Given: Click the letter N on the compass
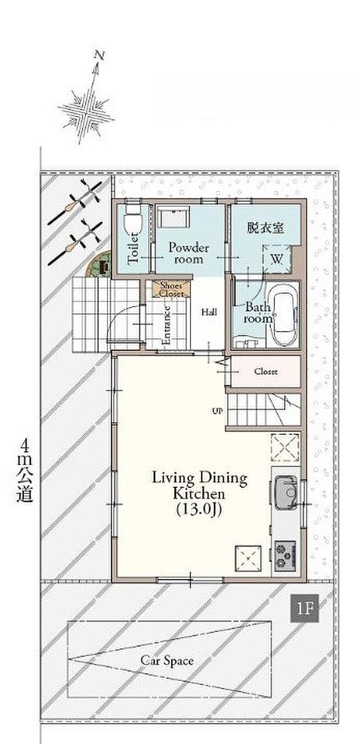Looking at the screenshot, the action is pyautogui.click(x=99, y=55).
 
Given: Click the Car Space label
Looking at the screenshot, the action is pyautogui.click(x=167, y=660).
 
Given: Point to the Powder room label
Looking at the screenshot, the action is pyautogui.click(x=189, y=253).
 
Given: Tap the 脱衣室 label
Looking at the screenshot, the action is pyautogui.click(x=265, y=228).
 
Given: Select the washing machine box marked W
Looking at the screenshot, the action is pyautogui.click(x=277, y=258).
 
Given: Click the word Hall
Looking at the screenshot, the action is pyautogui.click(x=210, y=312).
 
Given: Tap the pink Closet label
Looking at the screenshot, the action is pyautogui.click(x=266, y=371).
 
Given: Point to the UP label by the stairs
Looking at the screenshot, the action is pyautogui.click(x=218, y=411).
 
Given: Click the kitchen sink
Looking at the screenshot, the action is pyautogui.click(x=286, y=493).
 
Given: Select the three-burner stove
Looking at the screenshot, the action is pyautogui.click(x=285, y=553).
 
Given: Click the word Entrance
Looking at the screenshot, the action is pyautogui.click(x=167, y=326).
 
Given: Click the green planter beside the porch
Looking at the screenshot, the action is pyautogui.click(x=99, y=265).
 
